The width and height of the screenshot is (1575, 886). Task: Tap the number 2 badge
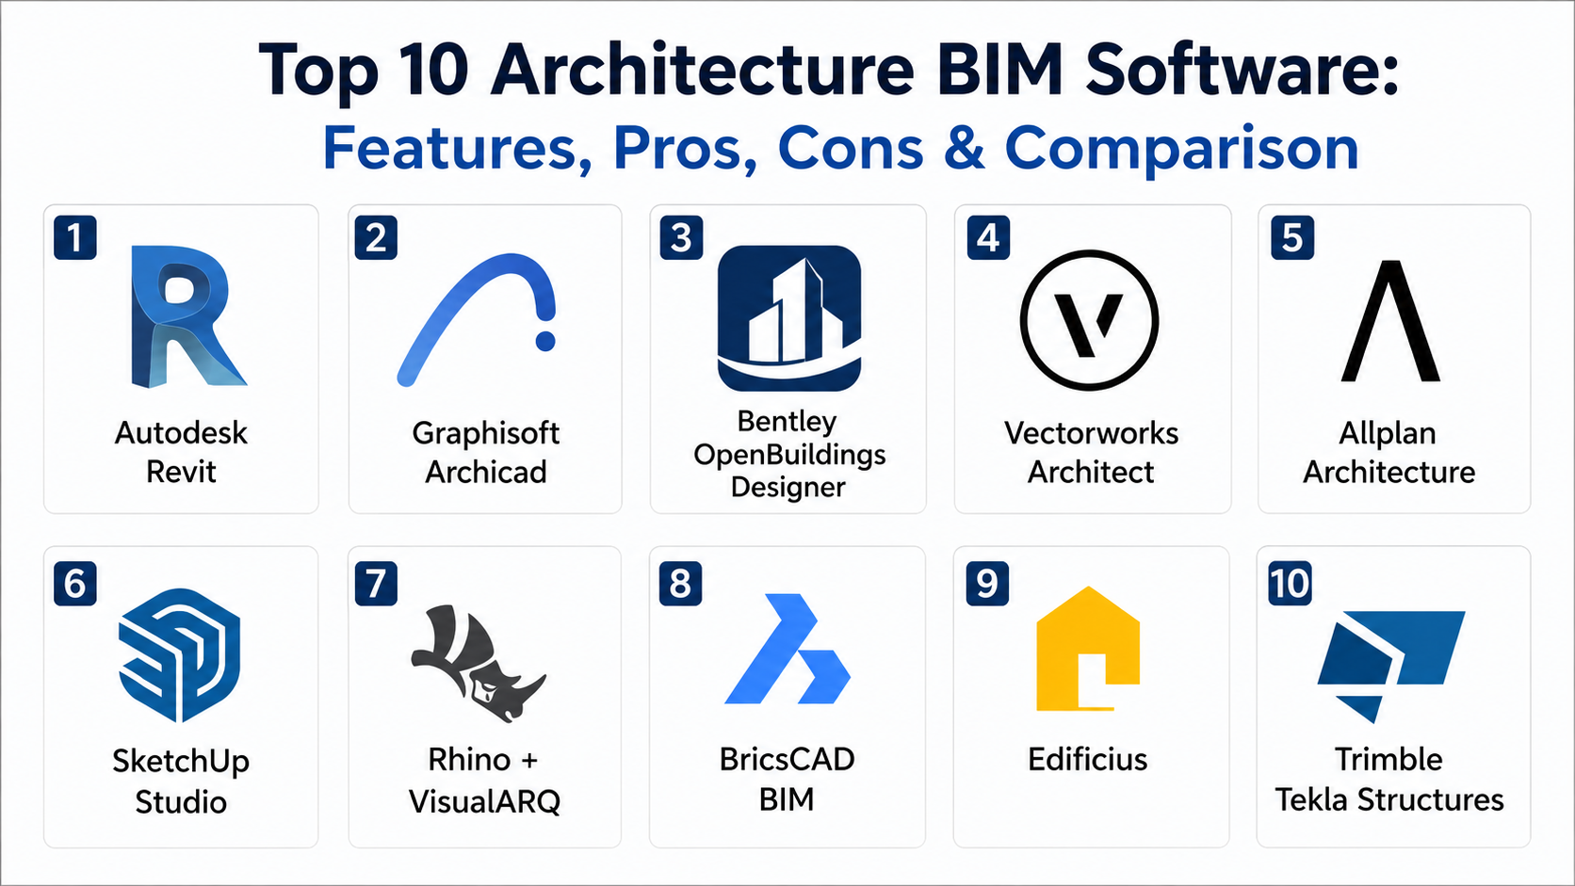(376, 237)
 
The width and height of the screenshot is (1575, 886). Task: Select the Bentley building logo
(788, 318)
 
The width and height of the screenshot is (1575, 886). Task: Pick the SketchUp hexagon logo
(180, 655)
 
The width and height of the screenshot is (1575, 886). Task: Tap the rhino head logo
(479, 663)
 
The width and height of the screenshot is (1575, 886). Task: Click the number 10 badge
(1290, 583)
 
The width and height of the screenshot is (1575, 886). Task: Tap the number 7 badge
(376, 583)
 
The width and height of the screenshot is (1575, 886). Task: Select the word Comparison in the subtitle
(1181, 150)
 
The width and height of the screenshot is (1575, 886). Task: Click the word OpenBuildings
(788, 456)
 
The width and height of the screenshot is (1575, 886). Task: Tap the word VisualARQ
(484, 800)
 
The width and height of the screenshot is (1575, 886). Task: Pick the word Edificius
(1087, 760)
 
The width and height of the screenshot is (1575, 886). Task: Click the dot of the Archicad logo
(544, 341)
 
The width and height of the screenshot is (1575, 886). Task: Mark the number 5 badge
(1292, 237)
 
